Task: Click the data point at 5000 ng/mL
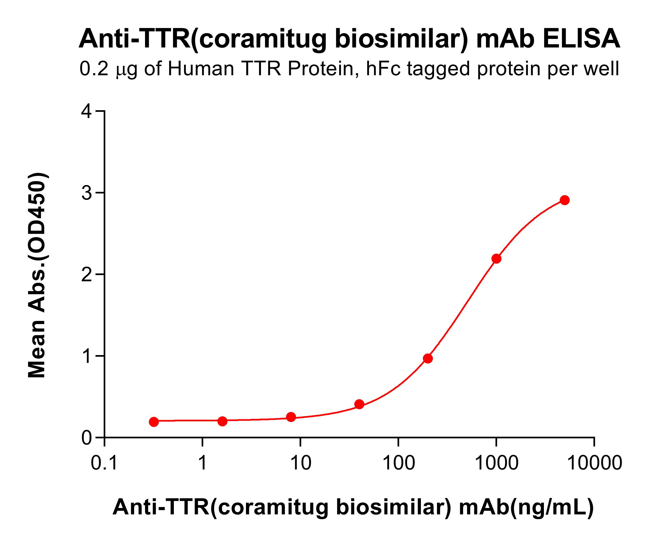click(x=565, y=200)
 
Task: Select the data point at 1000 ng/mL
click(x=496, y=258)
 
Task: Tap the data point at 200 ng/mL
click(x=428, y=358)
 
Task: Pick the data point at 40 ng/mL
click(x=359, y=404)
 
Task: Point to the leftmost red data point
click(x=154, y=422)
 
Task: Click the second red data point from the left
click(x=222, y=421)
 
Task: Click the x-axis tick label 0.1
click(x=104, y=463)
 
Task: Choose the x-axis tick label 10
click(x=300, y=463)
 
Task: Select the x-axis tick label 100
click(x=398, y=463)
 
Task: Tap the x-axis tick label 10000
click(x=594, y=463)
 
